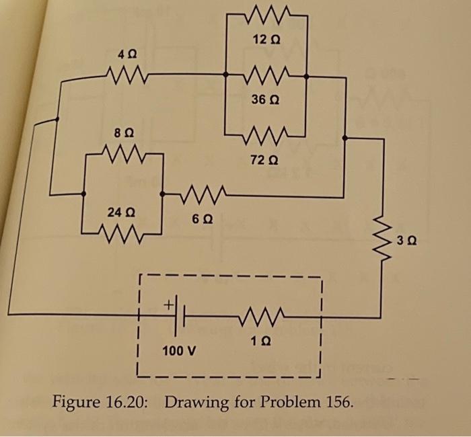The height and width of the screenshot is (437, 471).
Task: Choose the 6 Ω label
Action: point(200,219)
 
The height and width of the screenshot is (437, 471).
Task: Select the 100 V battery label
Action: point(180,351)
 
